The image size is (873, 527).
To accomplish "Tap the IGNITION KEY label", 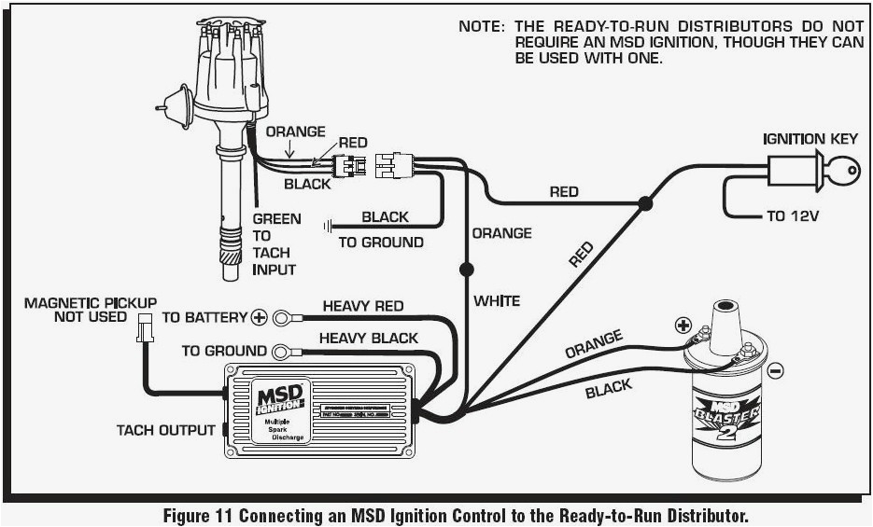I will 810,139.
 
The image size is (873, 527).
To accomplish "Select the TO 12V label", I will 792,215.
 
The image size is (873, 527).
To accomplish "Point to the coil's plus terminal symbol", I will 683,326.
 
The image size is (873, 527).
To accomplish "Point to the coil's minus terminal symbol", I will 777,370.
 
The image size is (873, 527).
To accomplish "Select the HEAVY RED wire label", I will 363,306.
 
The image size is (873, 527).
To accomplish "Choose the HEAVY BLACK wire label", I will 369,338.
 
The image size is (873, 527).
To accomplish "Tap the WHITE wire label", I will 497,300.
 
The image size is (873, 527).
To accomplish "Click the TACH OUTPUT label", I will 166,430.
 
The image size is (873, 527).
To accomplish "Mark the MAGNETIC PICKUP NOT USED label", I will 90,310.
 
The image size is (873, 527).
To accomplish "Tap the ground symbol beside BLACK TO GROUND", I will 328,225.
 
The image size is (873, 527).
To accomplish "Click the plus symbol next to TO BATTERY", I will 259,317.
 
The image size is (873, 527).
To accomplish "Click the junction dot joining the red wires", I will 645,201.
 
